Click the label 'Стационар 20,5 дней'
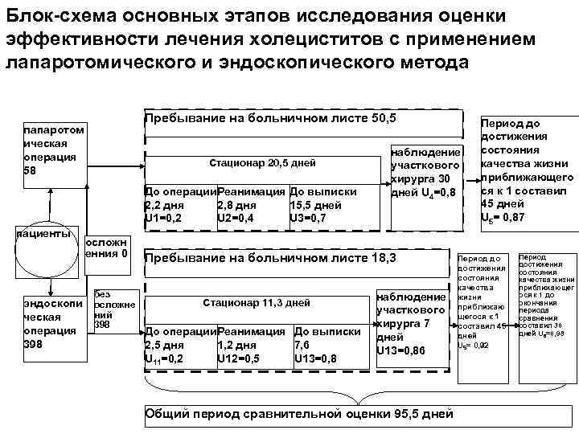[x=262, y=163]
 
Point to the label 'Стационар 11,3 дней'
[x=257, y=304]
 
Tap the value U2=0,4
[x=236, y=217]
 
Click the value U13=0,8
[x=315, y=358]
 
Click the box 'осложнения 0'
[x=106, y=249]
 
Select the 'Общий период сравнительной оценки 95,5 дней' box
[x=298, y=414]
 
